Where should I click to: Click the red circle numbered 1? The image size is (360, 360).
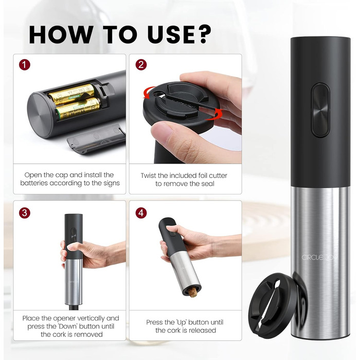point(25,65)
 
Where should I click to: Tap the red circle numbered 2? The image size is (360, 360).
point(141,65)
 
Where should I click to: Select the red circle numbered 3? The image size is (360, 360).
point(25,213)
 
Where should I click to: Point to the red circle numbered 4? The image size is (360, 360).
point(141,213)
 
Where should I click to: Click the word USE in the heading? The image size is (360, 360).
point(171,34)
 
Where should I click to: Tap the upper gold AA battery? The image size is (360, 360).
point(71,94)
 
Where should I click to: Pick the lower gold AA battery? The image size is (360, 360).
point(78,109)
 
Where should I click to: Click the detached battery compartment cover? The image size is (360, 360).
point(96,139)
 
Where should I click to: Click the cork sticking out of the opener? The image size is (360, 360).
point(193,292)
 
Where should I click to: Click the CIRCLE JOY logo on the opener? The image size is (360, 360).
point(319,257)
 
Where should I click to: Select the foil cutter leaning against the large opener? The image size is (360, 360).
point(272,305)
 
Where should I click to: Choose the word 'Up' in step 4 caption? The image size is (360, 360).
point(182,322)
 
